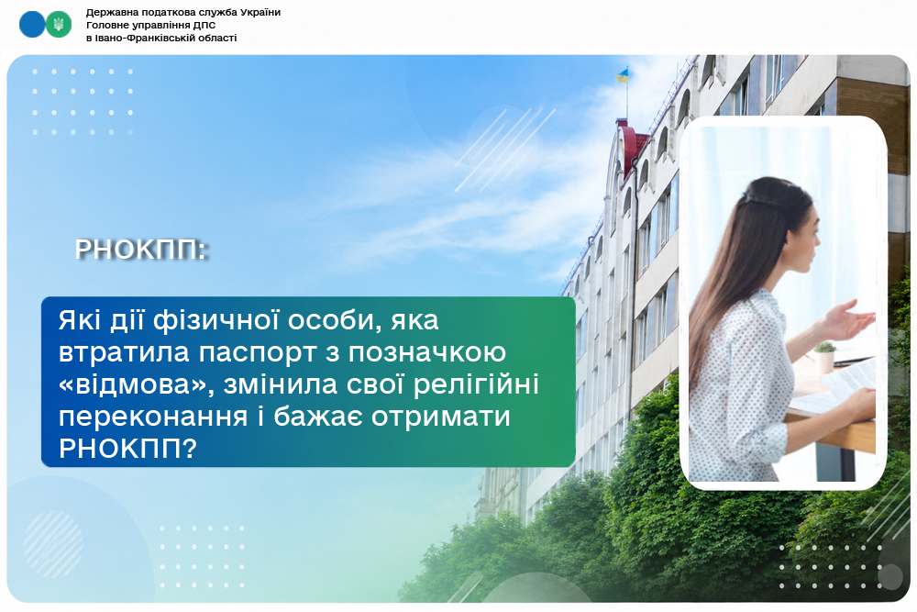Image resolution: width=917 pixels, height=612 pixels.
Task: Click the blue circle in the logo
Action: tap(32, 25)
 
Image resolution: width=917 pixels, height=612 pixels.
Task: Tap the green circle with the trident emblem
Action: tap(59, 25)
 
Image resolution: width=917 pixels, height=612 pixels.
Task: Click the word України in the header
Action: tap(260, 12)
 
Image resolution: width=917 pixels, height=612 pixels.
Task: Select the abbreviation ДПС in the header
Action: tap(204, 25)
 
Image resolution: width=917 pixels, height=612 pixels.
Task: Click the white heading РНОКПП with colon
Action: tap(141, 250)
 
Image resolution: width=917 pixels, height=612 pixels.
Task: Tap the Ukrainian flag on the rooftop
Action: tap(623, 75)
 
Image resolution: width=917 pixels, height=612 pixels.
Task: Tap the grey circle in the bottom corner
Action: tap(890, 577)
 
